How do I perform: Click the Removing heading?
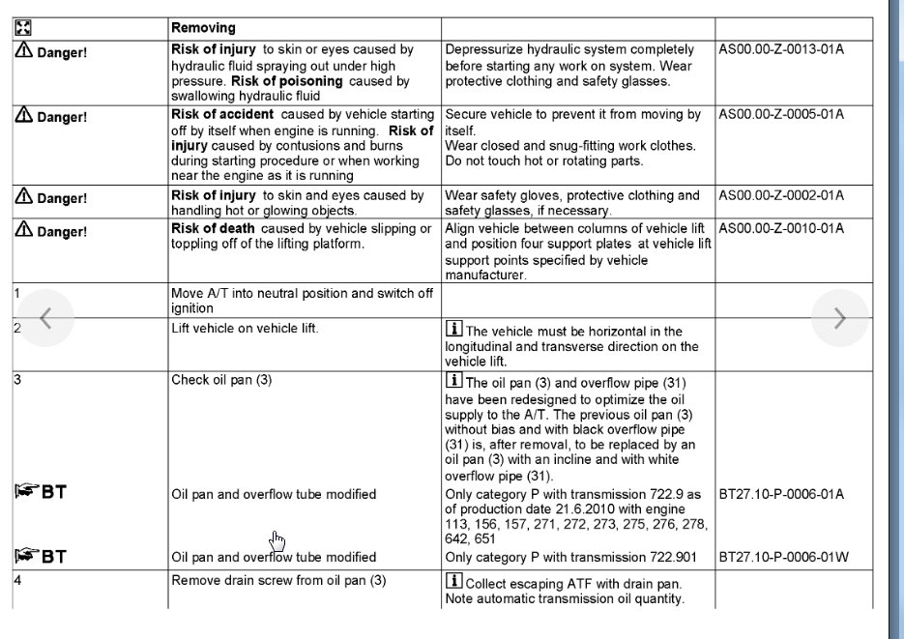coord(203,28)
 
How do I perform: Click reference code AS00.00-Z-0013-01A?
coord(781,49)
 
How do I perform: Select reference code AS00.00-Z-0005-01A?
coord(781,114)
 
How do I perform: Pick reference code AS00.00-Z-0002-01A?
coord(781,195)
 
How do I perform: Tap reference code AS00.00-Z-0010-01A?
coord(781,228)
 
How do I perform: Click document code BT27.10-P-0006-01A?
coord(781,494)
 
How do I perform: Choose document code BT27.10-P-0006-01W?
coord(782,557)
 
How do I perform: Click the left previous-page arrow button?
coord(44,318)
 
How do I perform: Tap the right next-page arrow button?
coord(839,318)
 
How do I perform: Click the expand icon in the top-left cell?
coord(23,28)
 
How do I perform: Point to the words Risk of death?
coord(213,228)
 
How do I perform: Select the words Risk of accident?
coord(223,114)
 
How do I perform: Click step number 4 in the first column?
coord(17,581)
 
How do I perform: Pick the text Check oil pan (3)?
coord(221,380)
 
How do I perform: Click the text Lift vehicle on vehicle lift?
coord(245,328)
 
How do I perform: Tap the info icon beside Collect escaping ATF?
coord(453,581)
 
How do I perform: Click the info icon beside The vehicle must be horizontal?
coord(453,330)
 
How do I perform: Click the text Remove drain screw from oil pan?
coord(278,581)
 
